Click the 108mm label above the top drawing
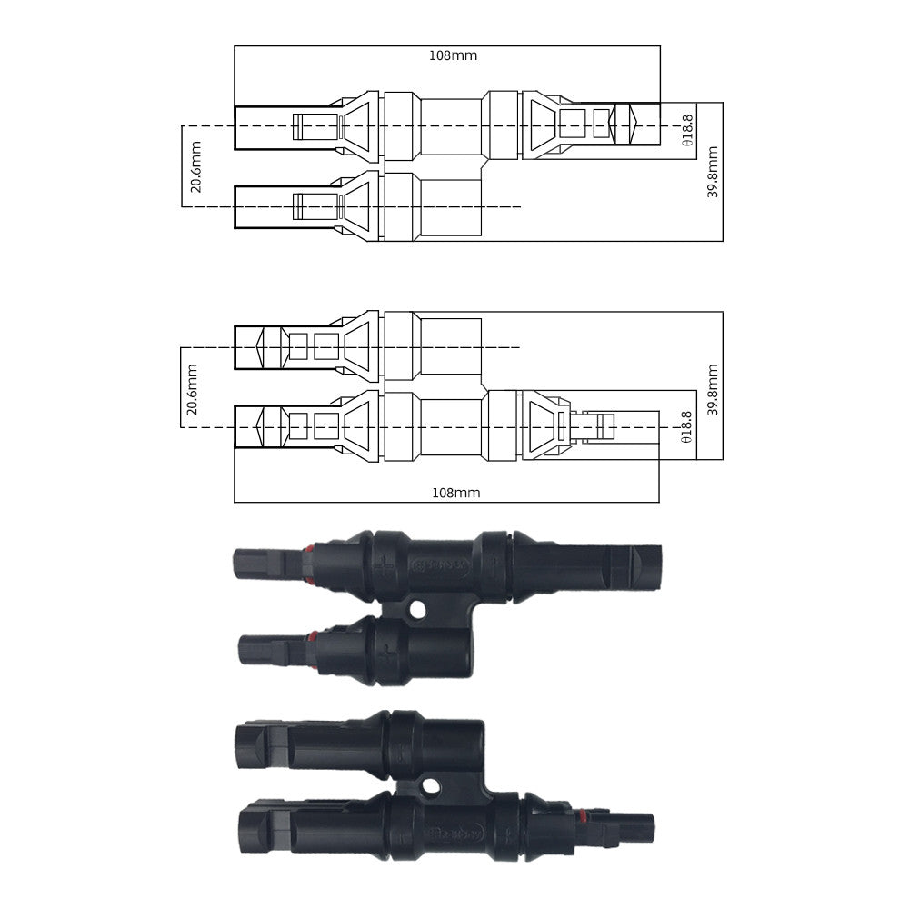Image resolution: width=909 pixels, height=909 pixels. (453, 55)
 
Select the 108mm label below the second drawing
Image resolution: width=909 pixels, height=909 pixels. (454, 493)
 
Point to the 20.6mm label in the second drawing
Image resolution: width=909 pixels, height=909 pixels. (192, 389)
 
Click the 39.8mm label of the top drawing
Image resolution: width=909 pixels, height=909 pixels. (713, 172)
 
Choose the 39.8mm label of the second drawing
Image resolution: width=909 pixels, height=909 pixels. (713, 389)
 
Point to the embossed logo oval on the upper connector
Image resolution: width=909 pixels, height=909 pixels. (440, 566)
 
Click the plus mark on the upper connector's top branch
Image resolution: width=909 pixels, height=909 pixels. (387, 568)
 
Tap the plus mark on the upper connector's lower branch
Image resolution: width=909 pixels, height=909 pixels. (387, 653)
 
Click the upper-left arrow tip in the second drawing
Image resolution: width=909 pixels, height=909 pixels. (260, 346)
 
